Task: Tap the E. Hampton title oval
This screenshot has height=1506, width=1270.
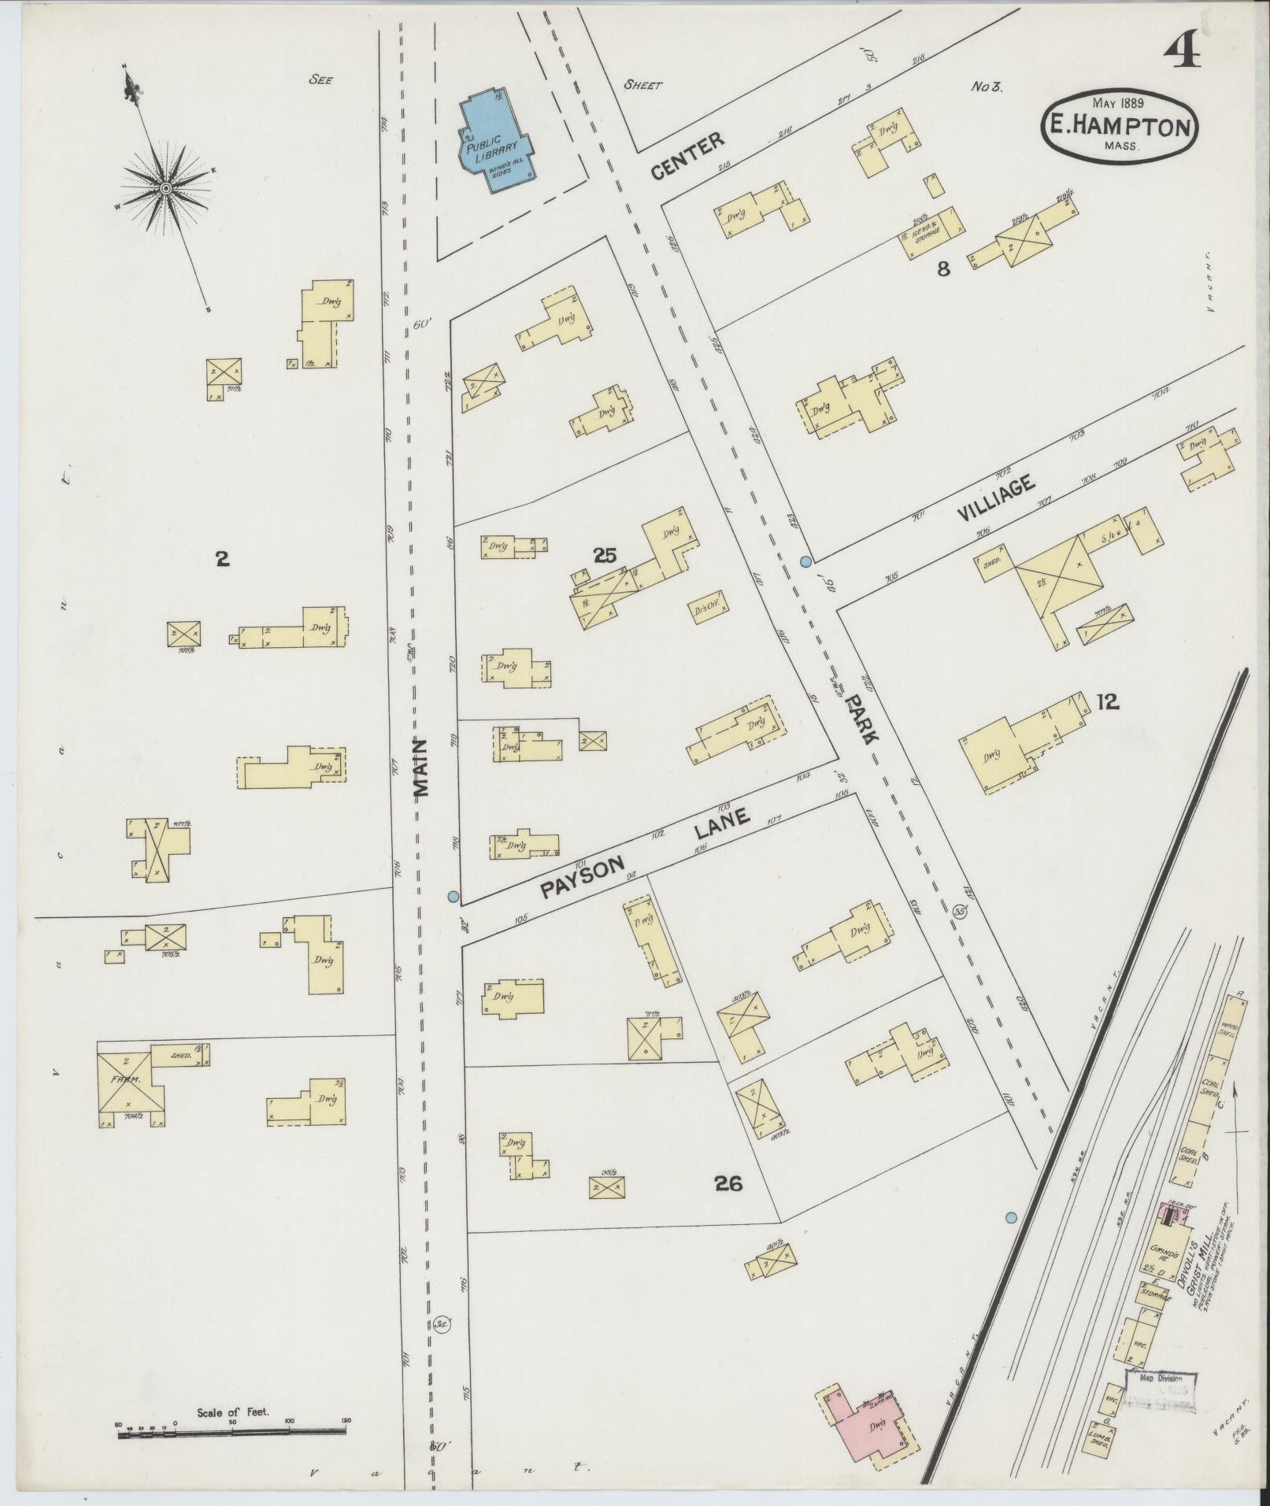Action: [1119, 127]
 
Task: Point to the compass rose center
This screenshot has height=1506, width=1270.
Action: [166, 189]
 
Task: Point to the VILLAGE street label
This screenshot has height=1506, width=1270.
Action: [996, 500]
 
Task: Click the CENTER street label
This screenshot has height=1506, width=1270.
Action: [687, 157]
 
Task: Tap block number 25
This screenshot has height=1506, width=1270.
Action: [605, 556]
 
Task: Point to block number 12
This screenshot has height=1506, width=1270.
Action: [1107, 702]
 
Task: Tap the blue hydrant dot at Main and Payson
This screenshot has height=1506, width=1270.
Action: [453, 896]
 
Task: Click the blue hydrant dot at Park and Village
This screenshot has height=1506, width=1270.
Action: [805, 561]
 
